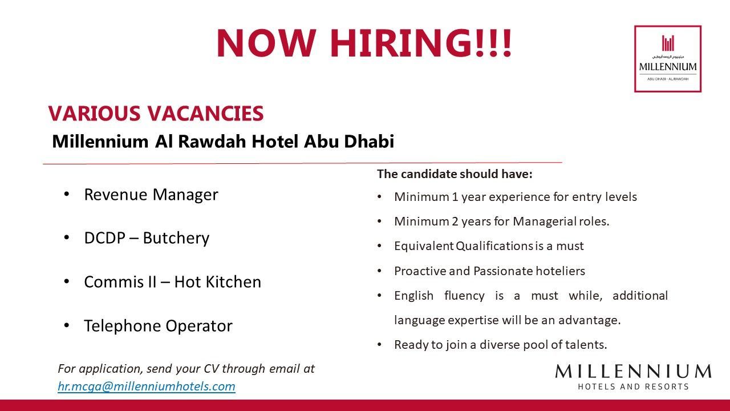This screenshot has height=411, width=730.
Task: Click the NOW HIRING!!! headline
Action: click(x=364, y=43)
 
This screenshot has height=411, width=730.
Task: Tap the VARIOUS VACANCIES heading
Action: click(x=156, y=114)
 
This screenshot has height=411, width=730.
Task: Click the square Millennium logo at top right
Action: click(x=667, y=59)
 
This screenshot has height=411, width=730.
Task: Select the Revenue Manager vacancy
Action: click(x=151, y=195)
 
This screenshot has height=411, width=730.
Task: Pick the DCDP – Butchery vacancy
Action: click(x=147, y=238)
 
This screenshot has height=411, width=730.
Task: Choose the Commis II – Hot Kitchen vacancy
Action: click(x=172, y=282)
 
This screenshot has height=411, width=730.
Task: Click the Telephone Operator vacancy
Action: click(x=158, y=326)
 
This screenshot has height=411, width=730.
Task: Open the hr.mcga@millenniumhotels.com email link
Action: click(x=147, y=386)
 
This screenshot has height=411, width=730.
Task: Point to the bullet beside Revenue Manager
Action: click(x=67, y=195)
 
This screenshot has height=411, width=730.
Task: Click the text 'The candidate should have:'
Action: click(x=455, y=174)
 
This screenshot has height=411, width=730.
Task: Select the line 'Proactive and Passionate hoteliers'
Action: click(x=489, y=271)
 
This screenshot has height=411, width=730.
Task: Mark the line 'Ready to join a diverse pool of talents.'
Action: click(x=500, y=345)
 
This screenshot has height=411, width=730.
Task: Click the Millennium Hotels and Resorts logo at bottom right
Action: click(x=633, y=377)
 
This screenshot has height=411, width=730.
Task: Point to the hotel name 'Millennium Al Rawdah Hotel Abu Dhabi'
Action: click(x=223, y=142)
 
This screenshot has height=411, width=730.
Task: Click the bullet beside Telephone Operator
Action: click(x=67, y=326)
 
